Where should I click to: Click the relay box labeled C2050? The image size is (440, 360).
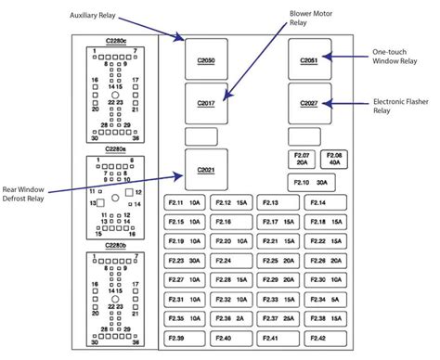coord(205,58)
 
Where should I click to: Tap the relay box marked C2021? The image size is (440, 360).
coord(205,168)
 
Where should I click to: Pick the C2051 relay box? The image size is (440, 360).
coord(309,58)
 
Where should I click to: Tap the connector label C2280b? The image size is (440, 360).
coord(117,246)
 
